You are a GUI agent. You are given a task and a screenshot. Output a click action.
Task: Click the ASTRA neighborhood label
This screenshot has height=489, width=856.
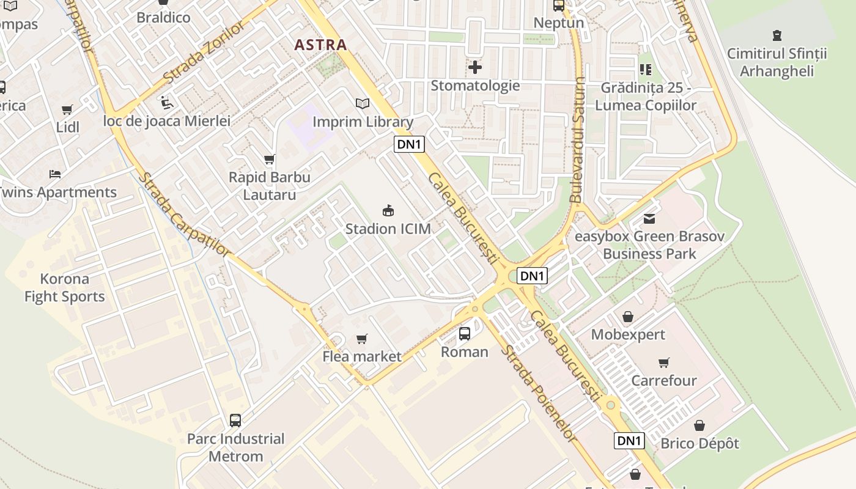click(320, 45)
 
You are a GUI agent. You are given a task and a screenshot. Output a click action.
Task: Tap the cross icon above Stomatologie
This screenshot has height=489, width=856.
click(475, 67)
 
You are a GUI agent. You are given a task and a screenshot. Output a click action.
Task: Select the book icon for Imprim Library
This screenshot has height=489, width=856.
click(363, 104)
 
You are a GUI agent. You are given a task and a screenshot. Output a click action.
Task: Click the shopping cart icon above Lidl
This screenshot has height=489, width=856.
click(67, 110)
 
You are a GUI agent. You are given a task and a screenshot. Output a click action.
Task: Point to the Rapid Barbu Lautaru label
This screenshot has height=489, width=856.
click(269, 186)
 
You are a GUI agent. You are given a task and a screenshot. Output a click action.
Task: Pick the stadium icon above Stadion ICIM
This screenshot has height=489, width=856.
click(388, 211)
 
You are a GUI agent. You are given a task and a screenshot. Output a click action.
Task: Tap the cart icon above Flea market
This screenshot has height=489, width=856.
click(362, 339)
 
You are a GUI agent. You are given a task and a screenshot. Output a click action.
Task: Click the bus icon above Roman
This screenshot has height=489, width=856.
click(465, 334)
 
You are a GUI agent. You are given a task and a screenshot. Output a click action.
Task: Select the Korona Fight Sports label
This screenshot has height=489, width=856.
click(64, 288)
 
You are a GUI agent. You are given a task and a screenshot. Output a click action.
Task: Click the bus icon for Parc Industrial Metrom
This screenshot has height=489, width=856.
click(235, 421)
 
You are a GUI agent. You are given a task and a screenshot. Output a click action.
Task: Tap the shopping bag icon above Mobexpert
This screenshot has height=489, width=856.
click(628, 317)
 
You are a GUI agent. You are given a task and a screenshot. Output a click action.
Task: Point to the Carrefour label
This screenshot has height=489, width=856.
click(664, 380)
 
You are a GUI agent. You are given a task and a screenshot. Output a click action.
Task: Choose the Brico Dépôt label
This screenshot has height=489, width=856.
click(699, 443)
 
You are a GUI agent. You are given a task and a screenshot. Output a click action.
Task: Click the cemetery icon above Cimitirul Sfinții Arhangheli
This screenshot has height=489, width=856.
click(777, 35)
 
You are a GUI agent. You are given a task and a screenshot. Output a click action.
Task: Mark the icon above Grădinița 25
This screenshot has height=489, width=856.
click(646, 70)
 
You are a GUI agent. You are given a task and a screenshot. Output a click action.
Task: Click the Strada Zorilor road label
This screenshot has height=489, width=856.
click(204, 52)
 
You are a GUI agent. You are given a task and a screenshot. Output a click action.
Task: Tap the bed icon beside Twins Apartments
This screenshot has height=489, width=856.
click(55, 174)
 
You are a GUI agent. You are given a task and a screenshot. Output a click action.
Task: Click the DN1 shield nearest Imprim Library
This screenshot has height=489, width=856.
click(409, 144)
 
